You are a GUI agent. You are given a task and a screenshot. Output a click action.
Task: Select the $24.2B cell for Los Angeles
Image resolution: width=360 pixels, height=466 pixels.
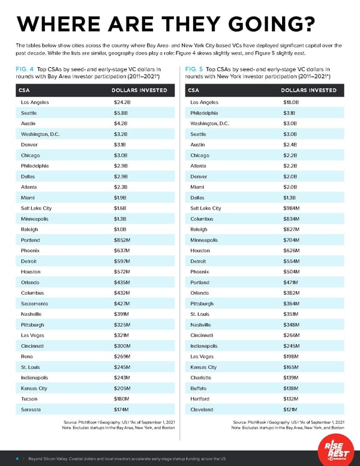pos(122,102)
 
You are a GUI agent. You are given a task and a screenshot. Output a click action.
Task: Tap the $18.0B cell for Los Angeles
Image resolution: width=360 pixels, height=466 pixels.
pos(292,102)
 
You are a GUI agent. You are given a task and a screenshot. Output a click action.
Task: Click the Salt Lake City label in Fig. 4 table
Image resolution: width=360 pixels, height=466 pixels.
pos(35,208)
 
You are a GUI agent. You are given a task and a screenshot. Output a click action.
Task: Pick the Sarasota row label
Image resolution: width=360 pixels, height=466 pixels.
pos(31,410)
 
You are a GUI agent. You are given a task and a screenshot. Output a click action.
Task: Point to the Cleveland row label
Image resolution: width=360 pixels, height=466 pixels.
pos(202,410)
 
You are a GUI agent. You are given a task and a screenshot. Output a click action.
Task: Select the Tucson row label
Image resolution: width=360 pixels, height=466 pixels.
pos(29,399)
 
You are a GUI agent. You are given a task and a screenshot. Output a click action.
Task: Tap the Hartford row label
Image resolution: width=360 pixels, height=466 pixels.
pos(200,399)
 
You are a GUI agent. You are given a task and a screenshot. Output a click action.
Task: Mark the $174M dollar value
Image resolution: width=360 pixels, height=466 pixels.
pos(122,410)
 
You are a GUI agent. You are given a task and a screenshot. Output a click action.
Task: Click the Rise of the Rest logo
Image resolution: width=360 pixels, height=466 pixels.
pos(329,447)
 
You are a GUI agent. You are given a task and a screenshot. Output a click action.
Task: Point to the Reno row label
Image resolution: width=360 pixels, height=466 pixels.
pos(27,357)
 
